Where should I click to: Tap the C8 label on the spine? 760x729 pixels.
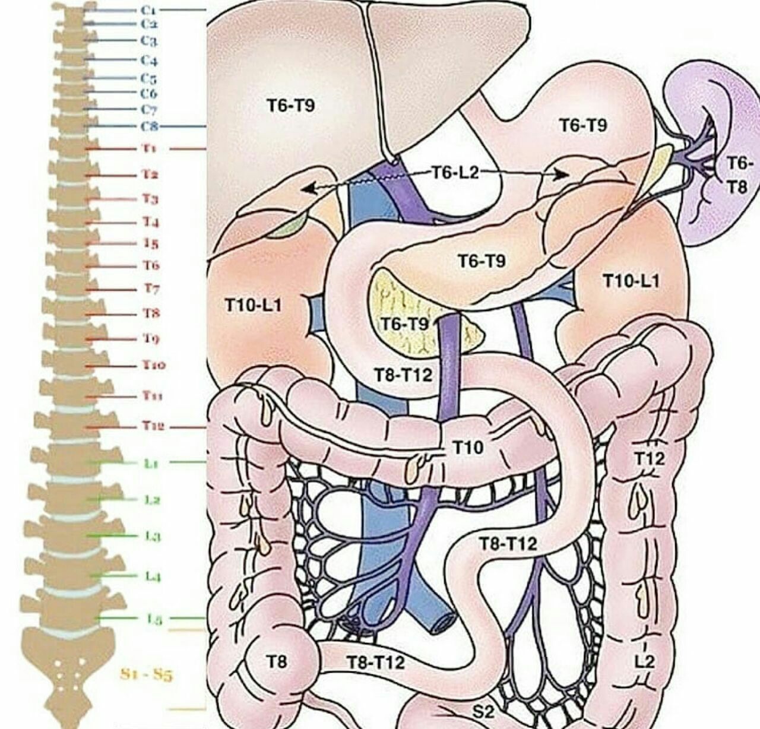tap(148, 126)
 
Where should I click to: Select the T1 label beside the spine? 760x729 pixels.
tap(149, 148)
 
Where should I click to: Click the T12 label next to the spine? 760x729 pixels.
tap(153, 427)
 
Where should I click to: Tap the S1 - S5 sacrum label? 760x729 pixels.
tap(146, 675)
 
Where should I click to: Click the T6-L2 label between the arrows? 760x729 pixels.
tap(454, 173)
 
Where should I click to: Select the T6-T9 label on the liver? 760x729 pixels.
tap(290, 106)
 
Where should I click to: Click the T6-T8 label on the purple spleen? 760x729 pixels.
tap(739, 175)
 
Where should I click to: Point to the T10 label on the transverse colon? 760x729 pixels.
tap(468, 448)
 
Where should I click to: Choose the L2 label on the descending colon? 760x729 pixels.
tap(644, 661)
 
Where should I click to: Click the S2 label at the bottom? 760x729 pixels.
tap(483, 712)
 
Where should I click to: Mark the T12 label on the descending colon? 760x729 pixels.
tap(650, 458)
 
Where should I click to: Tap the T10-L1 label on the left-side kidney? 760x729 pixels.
tap(253, 306)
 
